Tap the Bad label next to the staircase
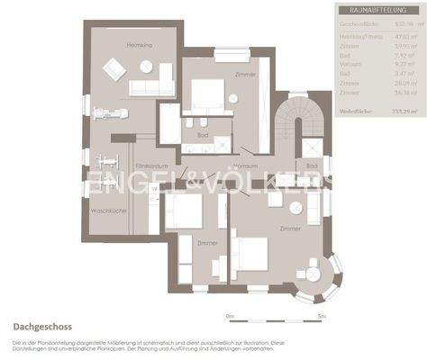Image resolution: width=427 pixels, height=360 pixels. [311, 166]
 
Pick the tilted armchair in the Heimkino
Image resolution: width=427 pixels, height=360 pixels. [114, 68]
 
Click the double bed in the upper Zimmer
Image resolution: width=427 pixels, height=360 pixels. [206, 94]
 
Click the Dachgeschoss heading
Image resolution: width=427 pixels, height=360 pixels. [42, 328]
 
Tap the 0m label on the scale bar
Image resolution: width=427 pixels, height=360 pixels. [230, 317]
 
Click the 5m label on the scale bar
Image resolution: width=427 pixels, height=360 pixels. [322, 317]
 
